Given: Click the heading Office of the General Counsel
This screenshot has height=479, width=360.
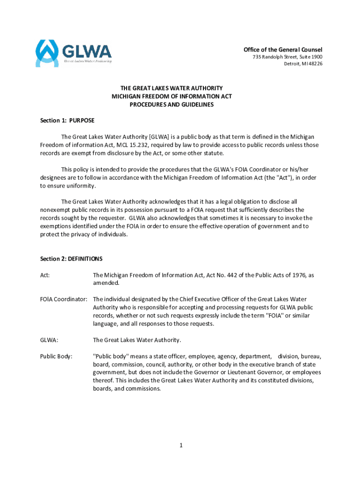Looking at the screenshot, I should pos(283,50).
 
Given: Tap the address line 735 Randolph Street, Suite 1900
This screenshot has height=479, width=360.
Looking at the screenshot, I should pos(287,57).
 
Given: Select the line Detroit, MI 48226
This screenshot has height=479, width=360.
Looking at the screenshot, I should pos(303,64).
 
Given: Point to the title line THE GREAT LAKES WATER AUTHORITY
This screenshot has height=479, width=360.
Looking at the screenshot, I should pos(172,88).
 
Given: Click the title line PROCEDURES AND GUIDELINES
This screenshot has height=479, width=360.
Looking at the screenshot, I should pos(172,105).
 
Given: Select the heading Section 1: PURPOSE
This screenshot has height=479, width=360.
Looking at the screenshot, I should pos(67,120).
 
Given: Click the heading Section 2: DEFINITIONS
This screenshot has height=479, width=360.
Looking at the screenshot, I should pos(71,259).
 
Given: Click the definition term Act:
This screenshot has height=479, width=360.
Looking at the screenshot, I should pos(45,276).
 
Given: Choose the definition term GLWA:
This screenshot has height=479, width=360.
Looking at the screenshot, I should pos(49,340).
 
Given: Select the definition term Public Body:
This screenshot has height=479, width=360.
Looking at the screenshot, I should pos(56,356).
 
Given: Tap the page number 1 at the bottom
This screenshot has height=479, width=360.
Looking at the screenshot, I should pos(180,445).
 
